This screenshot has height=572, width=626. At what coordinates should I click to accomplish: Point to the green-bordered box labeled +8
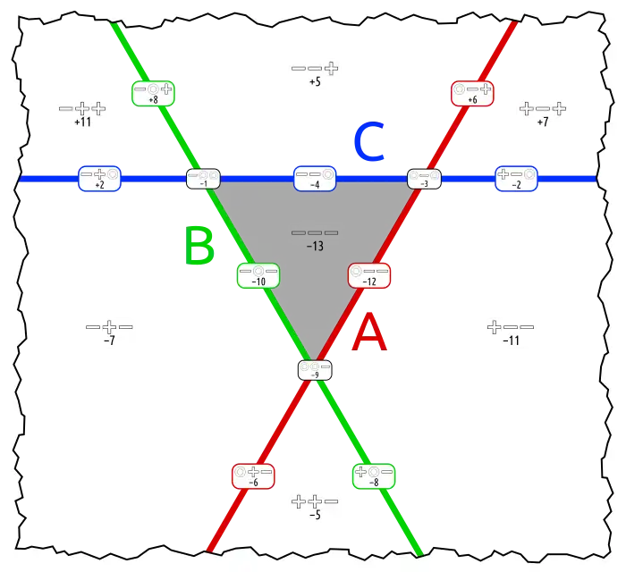pos(152,94)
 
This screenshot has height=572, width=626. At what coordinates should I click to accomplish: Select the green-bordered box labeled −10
pos(258,275)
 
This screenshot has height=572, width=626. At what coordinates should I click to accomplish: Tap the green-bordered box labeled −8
pos(374,475)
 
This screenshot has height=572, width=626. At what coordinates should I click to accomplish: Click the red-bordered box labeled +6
pos(472,94)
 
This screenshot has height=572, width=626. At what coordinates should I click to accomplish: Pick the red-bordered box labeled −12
pos(369,275)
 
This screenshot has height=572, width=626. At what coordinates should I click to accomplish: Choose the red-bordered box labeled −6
pos(253,475)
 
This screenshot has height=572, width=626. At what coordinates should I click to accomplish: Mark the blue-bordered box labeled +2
pos(99,179)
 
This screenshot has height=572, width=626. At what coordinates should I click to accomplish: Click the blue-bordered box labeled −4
pos(315,179)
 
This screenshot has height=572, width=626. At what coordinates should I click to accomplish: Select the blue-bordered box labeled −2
pos(516,179)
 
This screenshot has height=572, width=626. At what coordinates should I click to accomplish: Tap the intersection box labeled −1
pos(203,179)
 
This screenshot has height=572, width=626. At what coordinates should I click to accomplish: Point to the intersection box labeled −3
pos(424,179)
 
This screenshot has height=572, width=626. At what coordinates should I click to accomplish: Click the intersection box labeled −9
pos(315,370)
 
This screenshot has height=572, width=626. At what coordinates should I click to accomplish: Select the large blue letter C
pos(368,143)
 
